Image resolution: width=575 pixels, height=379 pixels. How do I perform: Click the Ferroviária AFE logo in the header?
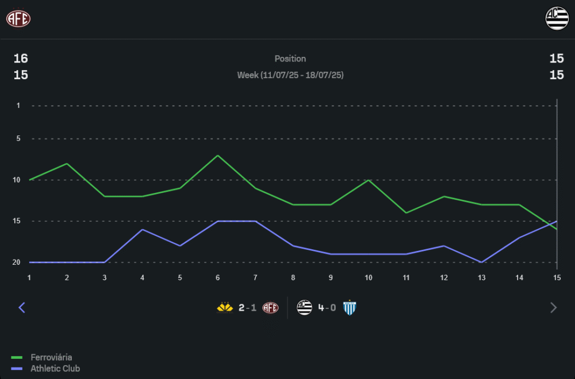[18, 18]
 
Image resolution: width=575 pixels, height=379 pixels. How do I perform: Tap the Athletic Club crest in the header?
[557, 18]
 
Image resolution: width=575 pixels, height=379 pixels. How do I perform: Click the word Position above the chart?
[290, 59]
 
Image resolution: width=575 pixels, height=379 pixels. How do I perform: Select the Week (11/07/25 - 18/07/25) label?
[290, 75]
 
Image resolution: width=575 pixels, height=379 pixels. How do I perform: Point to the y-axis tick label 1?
[18, 106]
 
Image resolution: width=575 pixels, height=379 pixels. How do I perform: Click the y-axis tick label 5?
[18, 139]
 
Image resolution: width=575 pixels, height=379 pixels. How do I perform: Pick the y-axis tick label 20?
[17, 262]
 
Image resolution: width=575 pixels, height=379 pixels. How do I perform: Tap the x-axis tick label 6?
[217, 278]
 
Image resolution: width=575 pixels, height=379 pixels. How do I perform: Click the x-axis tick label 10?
[368, 278]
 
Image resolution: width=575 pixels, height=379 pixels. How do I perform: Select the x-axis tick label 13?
[481, 278]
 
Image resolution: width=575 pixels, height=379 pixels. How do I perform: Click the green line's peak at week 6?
[217, 155]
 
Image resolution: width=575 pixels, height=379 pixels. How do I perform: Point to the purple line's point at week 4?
[142, 230]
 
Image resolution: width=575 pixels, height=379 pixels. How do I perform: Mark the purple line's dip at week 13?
[481, 262]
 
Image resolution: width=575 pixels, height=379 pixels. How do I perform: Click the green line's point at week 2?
[67, 164]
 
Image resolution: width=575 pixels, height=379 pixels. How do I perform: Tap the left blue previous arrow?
[22, 308]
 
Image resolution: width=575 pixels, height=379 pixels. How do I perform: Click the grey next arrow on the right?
[553, 308]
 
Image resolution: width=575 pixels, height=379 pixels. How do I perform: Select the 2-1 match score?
[247, 308]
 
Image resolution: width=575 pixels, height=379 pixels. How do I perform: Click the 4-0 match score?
[327, 308]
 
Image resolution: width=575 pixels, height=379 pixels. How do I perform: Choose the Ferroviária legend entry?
[51, 357]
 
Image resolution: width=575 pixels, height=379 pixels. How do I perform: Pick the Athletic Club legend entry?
[55, 369]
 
